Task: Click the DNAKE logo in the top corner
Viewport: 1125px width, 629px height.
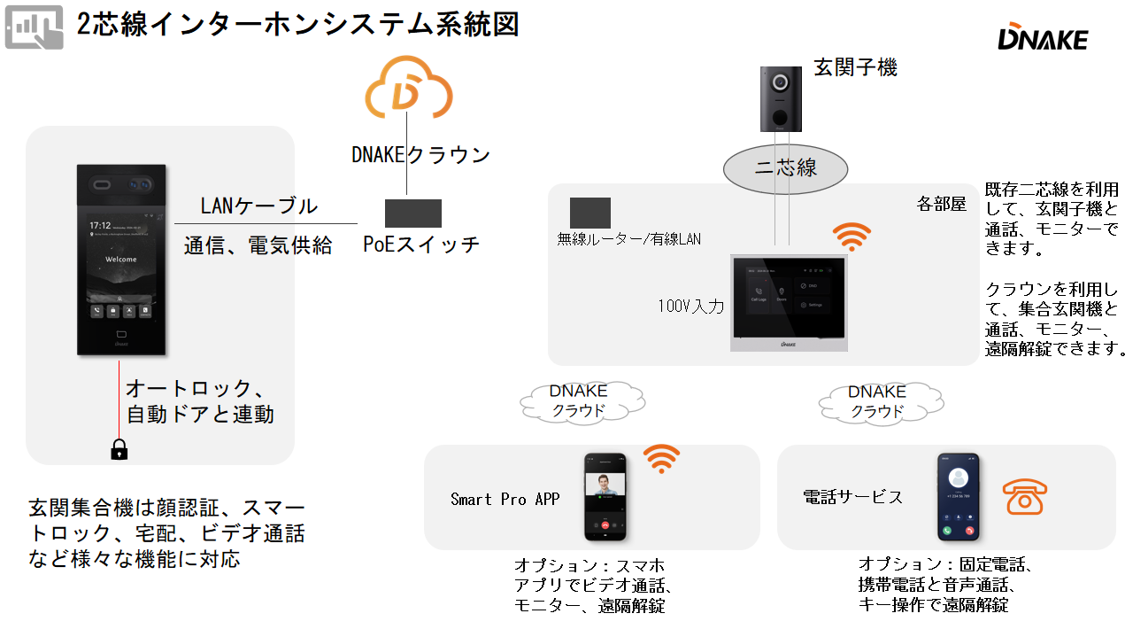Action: [x=1043, y=38]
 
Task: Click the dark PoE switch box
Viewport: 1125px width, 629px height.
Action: [x=413, y=214]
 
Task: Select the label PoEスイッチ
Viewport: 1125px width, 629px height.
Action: [x=421, y=245]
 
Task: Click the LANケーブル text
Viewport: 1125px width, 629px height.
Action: [x=258, y=206]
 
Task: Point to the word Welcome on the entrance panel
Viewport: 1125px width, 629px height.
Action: [x=121, y=260]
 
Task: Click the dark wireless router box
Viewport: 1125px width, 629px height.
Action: [x=590, y=214]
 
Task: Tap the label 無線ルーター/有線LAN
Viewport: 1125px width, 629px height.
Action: [x=629, y=238]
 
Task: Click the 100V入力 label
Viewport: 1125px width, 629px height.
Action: [x=690, y=307]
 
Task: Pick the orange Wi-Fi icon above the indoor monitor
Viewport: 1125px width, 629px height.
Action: [x=851, y=237]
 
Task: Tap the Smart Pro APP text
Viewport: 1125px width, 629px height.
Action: [x=505, y=500]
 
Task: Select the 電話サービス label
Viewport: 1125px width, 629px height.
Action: [x=852, y=497]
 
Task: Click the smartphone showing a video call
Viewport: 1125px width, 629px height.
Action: [x=605, y=497]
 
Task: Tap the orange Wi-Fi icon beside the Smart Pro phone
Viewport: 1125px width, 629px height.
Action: [x=661, y=459]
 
